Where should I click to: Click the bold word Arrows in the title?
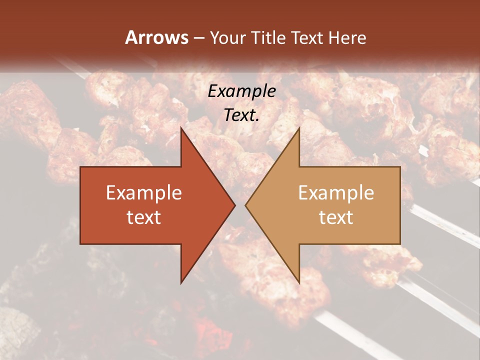[156, 37]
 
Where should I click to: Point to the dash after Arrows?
[198, 38]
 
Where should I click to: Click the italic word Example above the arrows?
[241, 91]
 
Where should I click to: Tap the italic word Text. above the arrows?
[241, 115]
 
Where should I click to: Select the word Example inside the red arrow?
[143, 193]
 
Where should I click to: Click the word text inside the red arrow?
[143, 217]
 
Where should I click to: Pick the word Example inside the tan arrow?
[336, 193]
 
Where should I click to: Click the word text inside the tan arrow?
[336, 217]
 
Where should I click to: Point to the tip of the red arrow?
[234, 205]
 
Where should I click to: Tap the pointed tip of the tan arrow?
[246, 205]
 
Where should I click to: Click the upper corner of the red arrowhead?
[181, 128]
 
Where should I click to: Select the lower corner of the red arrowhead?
[181, 283]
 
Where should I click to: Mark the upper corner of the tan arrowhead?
[299, 128]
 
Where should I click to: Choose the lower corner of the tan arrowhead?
[299, 283]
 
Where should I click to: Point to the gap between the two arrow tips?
[240, 205]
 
